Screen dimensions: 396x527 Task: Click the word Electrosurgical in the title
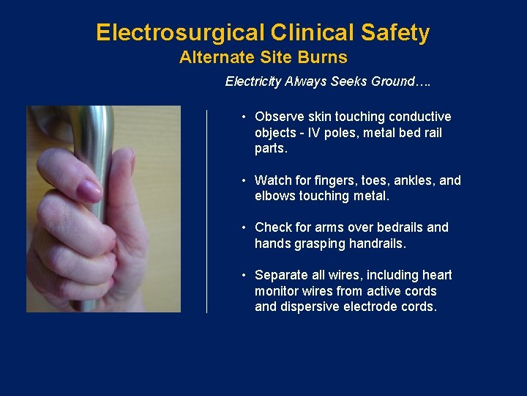click(180, 33)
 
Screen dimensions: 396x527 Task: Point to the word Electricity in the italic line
click(253, 81)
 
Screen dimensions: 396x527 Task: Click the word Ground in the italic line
click(392, 81)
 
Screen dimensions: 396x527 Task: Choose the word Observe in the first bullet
click(277, 117)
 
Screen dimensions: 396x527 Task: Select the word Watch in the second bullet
click(272, 180)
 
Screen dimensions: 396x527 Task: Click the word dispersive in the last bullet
click(307, 307)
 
